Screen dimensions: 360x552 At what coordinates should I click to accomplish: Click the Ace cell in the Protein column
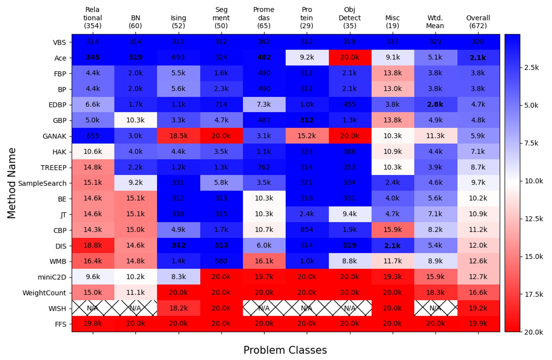click(x=307, y=58)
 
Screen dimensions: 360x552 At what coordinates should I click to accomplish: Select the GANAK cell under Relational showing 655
click(x=93, y=136)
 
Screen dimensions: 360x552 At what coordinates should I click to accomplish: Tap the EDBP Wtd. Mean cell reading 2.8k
click(x=435, y=104)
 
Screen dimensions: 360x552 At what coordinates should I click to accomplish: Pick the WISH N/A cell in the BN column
click(x=135, y=308)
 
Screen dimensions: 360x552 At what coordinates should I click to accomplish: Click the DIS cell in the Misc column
click(x=392, y=246)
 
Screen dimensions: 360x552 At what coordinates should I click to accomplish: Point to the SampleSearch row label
click(x=42, y=184)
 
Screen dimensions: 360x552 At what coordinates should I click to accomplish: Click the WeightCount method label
click(x=44, y=293)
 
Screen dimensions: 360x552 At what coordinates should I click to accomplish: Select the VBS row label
click(x=59, y=42)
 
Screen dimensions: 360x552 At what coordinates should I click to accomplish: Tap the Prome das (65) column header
click(x=264, y=18)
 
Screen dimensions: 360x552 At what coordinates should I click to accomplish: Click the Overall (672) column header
click(x=478, y=22)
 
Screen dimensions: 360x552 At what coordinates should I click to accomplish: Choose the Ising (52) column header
click(x=178, y=22)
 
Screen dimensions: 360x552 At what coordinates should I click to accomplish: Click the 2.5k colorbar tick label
click(x=531, y=67)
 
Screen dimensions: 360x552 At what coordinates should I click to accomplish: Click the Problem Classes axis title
click(x=285, y=350)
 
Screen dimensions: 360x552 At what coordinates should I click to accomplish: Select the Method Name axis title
click(x=12, y=183)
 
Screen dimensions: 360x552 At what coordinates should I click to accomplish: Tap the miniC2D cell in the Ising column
click(x=178, y=277)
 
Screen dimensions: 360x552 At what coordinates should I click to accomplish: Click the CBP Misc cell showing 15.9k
click(x=392, y=230)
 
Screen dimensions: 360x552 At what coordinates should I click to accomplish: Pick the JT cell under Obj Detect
click(x=350, y=214)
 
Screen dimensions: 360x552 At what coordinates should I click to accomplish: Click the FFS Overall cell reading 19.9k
click(x=478, y=324)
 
